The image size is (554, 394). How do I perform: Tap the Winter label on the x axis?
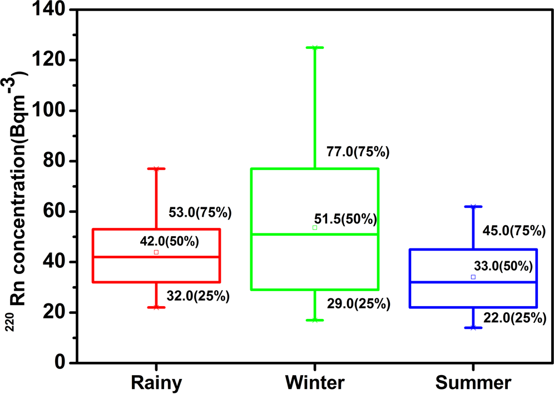pos(315,383)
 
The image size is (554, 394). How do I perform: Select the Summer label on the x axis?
pos(473,383)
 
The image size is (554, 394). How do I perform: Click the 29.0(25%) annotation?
pos(358,304)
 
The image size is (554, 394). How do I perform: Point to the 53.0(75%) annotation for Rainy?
pos(200,212)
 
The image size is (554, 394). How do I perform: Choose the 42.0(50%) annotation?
pos(169,242)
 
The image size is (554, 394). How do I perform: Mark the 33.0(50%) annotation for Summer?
pos(503,266)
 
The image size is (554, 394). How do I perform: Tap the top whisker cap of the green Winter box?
pos(315,48)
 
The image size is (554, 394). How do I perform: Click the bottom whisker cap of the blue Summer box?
pos(473,327)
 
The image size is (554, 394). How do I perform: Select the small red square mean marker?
pos(156,252)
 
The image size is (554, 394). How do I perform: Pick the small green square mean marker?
pos(315,227)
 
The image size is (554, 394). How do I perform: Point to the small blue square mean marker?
pos(473,277)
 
